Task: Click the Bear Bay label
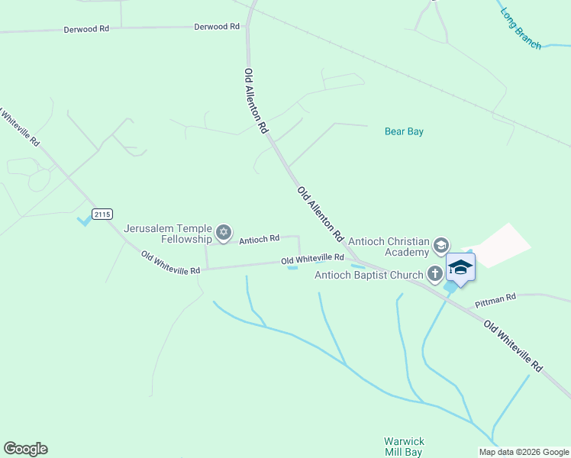click(403, 131)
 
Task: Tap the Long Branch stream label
click(521, 29)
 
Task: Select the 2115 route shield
click(102, 214)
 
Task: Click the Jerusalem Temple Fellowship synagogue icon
click(223, 233)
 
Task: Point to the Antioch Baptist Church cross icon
click(435, 274)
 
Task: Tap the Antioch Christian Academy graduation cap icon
click(440, 246)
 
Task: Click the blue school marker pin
click(460, 268)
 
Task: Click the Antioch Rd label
click(259, 240)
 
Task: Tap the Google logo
click(25, 449)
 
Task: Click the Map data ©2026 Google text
click(523, 452)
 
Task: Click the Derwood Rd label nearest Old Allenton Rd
click(217, 27)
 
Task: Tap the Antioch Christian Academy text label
click(389, 247)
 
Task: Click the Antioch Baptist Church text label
click(369, 275)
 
